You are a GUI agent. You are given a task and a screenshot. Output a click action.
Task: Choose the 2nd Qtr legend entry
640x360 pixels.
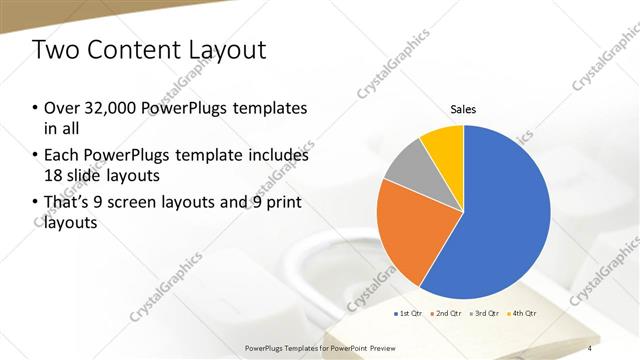pyautogui.click(x=446, y=314)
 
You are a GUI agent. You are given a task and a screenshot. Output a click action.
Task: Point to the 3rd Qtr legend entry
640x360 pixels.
pyautogui.click(x=484, y=314)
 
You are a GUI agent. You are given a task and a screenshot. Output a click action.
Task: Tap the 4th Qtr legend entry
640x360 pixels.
pyautogui.click(x=522, y=314)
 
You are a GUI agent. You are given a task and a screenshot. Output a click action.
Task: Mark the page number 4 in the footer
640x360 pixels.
pyautogui.click(x=590, y=347)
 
